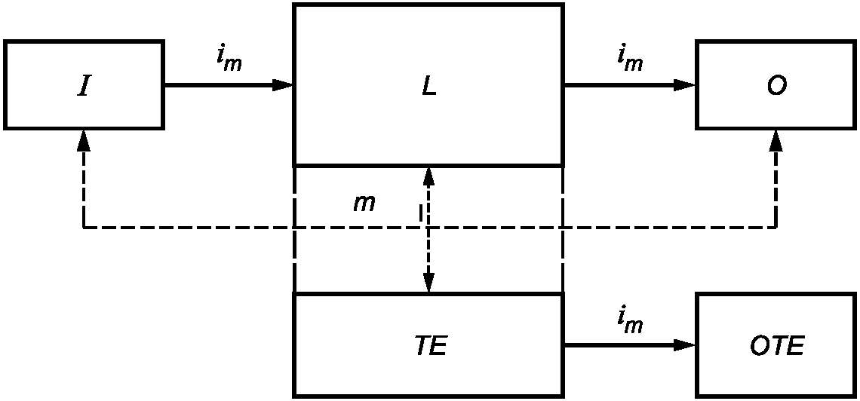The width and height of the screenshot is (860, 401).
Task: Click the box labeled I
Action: click(x=84, y=84)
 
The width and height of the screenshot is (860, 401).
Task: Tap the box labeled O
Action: click(x=776, y=84)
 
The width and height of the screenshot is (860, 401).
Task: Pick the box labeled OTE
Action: click(x=776, y=345)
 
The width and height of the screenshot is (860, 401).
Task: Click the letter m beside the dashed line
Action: click(x=364, y=203)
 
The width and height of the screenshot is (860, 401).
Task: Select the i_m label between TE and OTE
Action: click(x=629, y=322)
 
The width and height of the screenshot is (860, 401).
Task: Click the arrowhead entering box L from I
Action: click(x=283, y=84)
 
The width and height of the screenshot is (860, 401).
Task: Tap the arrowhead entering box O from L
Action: click(x=685, y=84)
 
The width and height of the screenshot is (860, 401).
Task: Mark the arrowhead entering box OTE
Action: click(x=685, y=345)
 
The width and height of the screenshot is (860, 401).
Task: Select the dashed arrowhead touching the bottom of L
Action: click(x=428, y=176)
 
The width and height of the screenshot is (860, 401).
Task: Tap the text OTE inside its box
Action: click(x=776, y=346)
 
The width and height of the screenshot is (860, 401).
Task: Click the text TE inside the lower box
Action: click(x=430, y=346)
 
